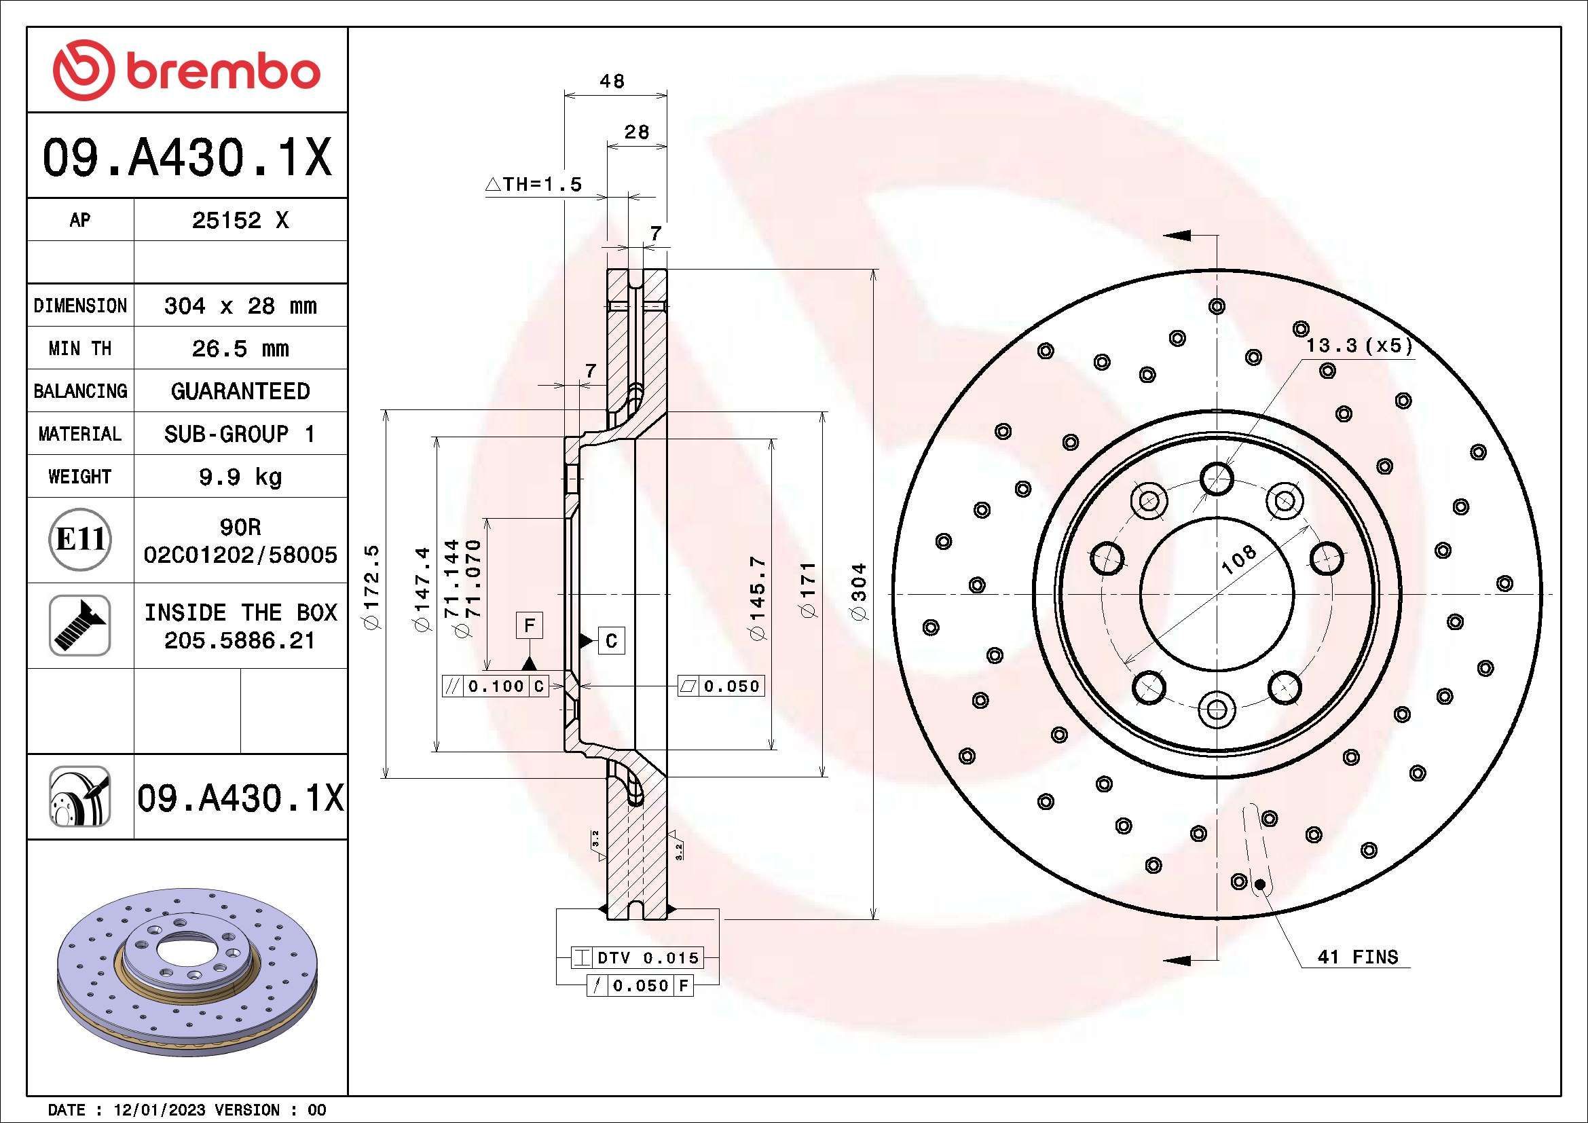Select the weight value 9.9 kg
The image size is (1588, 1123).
pyautogui.click(x=240, y=477)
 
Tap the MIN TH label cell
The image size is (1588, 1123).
pyautogui.click(x=80, y=348)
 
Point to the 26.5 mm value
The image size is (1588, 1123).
pyautogui.click(x=240, y=348)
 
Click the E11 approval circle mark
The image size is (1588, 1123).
pyautogui.click(x=80, y=539)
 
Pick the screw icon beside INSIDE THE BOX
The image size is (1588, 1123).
pyautogui.click(x=80, y=625)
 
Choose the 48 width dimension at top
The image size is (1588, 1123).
pyautogui.click(x=612, y=81)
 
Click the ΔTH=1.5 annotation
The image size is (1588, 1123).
pyautogui.click(x=534, y=185)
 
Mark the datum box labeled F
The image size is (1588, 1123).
pyautogui.click(x=529, y=625)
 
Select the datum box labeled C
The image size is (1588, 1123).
pyautogui.click(x=611, y=641)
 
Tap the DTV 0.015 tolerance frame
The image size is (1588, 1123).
pyautogui.click(x=637, y=958)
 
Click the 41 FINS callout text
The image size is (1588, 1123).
pyautogui.click(x=1357, y=957)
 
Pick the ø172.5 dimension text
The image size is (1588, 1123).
pyautogui.click(x=372, y=587)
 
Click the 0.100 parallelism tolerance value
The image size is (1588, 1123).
pyautogui.click(x=496, y=686)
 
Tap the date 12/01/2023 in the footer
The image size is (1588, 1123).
pyautogui.click(x=159, y=1110)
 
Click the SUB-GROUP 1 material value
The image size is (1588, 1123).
pyautogui.click(x=240, y=434)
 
